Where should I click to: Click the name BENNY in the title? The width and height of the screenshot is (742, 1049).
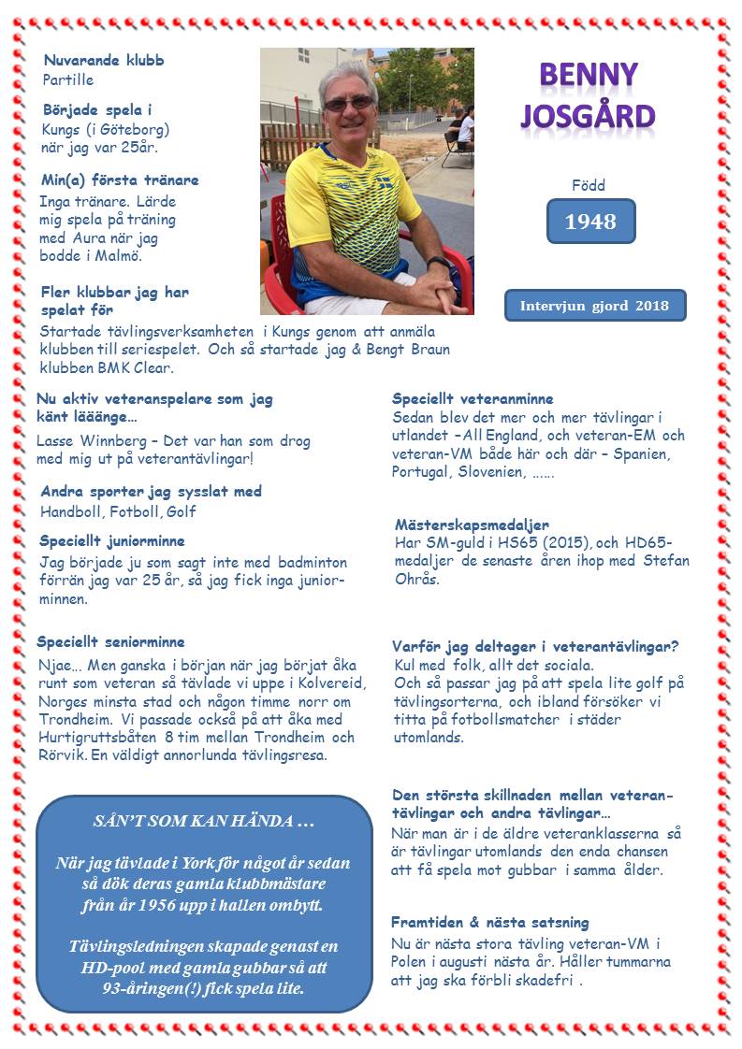tap(589, 74)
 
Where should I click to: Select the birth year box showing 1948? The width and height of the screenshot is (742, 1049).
tap(590, 222)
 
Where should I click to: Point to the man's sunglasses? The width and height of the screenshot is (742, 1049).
tap(349, 104)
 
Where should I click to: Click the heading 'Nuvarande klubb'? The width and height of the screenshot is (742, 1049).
tap(104, 61)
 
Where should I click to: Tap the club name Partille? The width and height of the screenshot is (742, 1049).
tap(68, 80)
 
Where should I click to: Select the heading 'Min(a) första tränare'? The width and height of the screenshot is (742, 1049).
tap(120, 180)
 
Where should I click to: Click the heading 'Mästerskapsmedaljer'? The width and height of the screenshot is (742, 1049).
tap(471, 524)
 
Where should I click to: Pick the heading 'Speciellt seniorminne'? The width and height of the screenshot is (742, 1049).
tap(110, 642)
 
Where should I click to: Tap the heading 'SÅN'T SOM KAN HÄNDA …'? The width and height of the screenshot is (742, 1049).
tap(204, 823)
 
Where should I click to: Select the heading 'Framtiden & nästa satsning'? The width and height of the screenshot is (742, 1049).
tap(490, 922)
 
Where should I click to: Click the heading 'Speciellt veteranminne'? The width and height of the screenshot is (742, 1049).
tap(473, 398)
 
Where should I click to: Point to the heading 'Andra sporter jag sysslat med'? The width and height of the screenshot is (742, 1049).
tap(151, 491)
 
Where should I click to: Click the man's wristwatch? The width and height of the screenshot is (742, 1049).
tap(436, 265)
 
